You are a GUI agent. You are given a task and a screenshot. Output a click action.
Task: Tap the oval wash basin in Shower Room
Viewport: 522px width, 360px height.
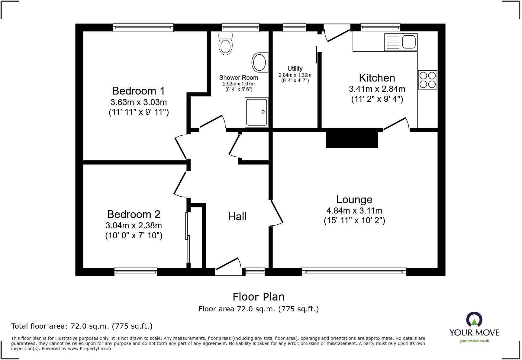(x=260, y=63)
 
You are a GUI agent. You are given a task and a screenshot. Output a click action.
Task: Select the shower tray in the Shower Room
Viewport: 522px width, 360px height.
(x=256, y=111)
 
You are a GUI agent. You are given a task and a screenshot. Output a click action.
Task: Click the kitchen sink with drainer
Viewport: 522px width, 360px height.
(x=401, y=42)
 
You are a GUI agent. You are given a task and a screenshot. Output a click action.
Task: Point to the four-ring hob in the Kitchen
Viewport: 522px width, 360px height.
(x=427, y=80)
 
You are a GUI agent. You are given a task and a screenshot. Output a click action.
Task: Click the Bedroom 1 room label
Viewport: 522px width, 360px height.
(x=138, y=91)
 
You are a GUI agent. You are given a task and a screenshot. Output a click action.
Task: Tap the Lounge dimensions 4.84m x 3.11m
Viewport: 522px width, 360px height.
(x=354, y=211)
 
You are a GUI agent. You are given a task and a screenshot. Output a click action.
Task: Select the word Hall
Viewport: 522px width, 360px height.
(x=237, y=216)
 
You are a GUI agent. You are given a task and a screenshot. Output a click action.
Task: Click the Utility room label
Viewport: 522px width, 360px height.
(x=295, y=69)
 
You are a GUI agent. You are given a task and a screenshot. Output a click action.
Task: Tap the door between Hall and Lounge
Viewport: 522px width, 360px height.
(x=276, y=213)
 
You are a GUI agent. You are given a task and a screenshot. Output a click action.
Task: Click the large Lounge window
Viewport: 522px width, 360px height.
(x=354, y=272)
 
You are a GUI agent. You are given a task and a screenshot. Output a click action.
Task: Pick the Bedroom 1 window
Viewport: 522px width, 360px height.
(x=143, y=28)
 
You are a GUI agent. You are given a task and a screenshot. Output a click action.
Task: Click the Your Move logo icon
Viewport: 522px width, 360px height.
(x=474, y=320)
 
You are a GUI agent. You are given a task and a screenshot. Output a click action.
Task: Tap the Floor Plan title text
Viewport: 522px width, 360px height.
(x=259, y=297)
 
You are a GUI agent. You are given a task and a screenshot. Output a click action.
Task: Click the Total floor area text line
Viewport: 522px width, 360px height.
(x=82, y=326)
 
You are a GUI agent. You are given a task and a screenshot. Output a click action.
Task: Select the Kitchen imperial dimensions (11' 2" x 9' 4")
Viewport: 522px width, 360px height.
(x=377, y=99)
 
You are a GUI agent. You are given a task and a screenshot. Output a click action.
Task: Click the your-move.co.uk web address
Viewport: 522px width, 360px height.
(x=474, y=341)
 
